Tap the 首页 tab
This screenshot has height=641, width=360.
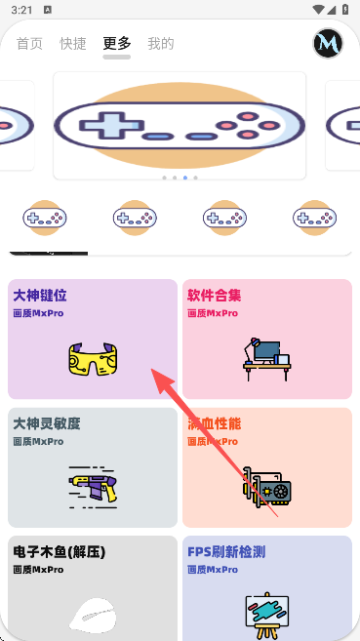click(x=29, y=43)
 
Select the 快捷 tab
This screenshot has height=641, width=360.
click(x=73, y=43)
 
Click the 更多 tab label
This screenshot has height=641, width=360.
click(x=117, y=43)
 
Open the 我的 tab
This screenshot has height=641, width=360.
click(x=161, y=43)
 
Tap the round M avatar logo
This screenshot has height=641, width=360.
click(x=328, y=43)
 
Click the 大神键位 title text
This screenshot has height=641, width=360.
click(x=40, y=296)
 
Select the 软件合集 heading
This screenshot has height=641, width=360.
click(x=214, y=296)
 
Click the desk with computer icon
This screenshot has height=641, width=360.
click(x=267, y=359)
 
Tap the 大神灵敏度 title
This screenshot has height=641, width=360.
click(x=47, y=423)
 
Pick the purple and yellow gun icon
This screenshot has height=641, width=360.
click(x=93, y=487)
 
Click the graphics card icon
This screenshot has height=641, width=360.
click(x=267, y=487)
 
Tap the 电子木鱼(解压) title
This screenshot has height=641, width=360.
click(x=60, y=552)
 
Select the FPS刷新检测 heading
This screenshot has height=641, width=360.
click(x=226, y=552)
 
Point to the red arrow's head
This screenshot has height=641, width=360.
click(x=158, y=375)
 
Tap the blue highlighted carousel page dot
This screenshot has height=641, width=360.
click(x=185, y=178)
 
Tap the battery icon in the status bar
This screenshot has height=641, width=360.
click(x=345, y=10)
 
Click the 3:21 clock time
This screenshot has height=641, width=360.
click(x=21, y=10)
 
